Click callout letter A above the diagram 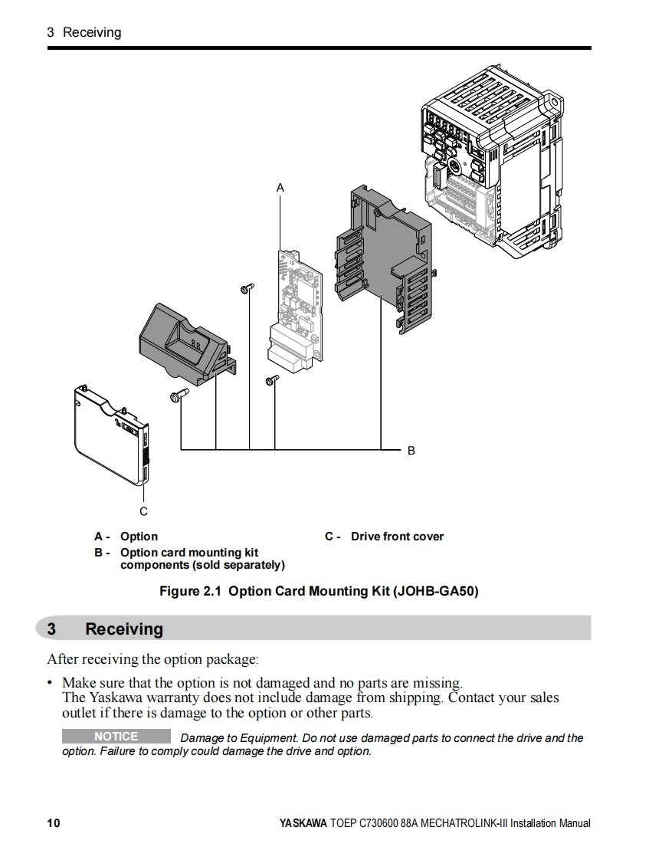280,187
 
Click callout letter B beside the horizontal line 411,451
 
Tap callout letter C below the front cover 143,511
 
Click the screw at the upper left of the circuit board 245,288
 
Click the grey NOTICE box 116,737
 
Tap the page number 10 53,823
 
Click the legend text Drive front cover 397,537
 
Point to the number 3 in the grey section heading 51,629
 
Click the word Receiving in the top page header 92,32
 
